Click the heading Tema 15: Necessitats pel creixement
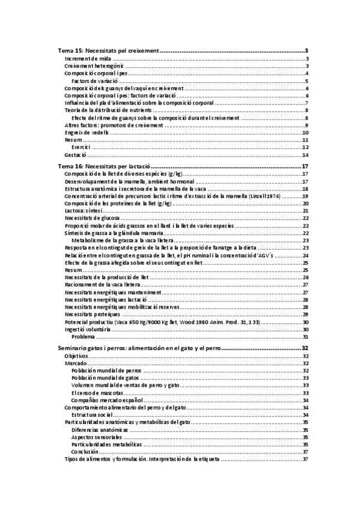coord(108,51)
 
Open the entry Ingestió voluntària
coord(87,329)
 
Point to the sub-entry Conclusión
coord(85,452)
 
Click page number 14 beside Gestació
coord(305,155)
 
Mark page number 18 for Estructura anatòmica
coord(305,189)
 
